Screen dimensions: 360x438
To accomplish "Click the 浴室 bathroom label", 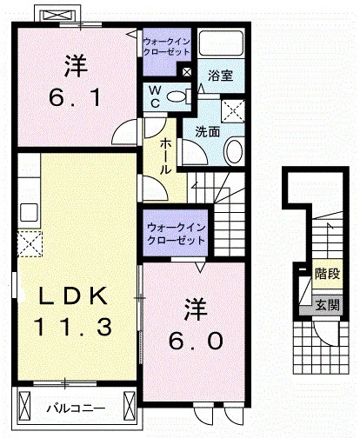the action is tap(220, 76).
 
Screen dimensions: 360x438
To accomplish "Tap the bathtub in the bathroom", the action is tap(221, 43).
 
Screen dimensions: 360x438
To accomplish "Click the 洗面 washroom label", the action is tap(207, 132).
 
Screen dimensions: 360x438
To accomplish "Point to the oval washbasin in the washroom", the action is tap(234, 151).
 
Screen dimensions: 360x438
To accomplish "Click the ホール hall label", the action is tap(165, 156).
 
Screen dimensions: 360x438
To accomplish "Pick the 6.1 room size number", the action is tap(75, 97).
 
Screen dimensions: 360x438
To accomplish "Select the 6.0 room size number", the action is tap(196, 341).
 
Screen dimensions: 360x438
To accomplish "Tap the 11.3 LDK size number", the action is tap(73, 327).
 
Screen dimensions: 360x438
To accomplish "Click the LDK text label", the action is tap(73, 295).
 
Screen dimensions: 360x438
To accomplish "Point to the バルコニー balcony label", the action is tap(76, 408).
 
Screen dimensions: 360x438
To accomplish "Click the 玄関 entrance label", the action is tap(327, 305).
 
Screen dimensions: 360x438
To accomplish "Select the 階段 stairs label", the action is tap(327, 274).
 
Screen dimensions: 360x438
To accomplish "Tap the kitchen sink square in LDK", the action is tap(29, 212).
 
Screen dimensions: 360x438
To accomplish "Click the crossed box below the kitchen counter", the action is tap(30, 244).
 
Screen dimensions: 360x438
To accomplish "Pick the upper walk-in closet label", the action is tap(166, 47).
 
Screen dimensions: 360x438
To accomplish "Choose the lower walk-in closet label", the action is tap(176, 234).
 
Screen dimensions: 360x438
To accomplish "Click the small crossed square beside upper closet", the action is tap(187, 72).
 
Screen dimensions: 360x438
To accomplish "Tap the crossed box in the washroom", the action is tap(233, 110).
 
